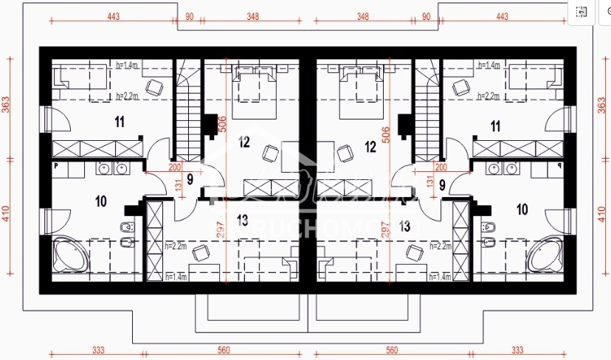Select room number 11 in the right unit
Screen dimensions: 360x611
coord(495,126)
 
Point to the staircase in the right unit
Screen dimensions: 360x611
coord(427,111)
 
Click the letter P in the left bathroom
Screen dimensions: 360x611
coord(56,167)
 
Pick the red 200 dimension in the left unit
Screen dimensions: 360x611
coord(153,167)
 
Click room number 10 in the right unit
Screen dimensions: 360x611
coord(522,210)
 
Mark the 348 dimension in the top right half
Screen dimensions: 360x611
coord(363,16)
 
